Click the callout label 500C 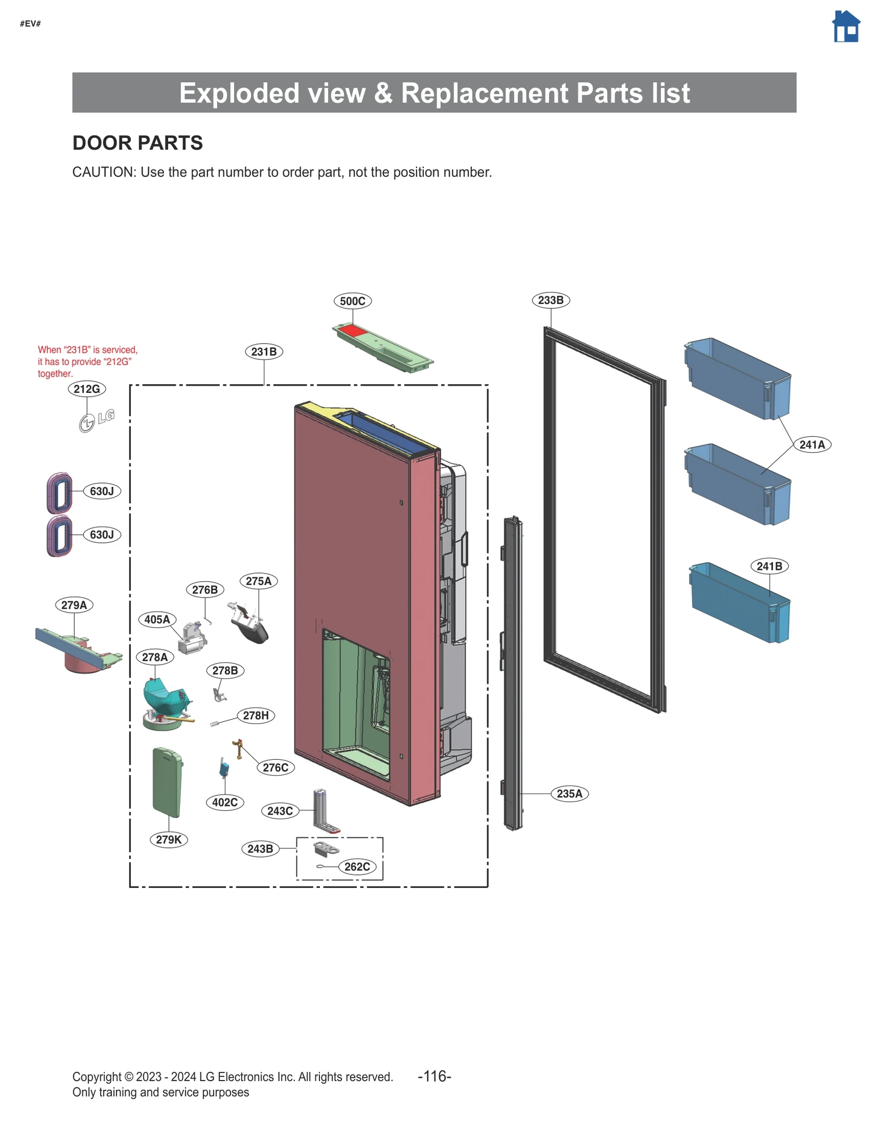352,301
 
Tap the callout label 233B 550,300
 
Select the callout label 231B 264,352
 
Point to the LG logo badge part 97,420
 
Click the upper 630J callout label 102,491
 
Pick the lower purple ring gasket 59,536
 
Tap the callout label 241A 811,444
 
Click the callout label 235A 569,793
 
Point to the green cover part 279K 167,782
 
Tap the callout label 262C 357,867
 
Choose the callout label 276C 275,767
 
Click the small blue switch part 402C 224,769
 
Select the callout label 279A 74,605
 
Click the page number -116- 434,1076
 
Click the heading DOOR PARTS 137,143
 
